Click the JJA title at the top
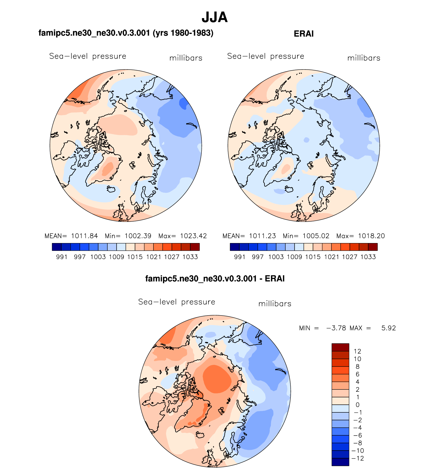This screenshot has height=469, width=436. [214, 17]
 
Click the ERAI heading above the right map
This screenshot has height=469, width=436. [303, 34]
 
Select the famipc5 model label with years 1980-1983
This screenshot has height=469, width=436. [126, 33]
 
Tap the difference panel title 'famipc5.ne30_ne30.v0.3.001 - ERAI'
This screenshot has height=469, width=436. [215, 278]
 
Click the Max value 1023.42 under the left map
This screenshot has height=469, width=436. [193, 236]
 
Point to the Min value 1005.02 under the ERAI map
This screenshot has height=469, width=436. [316, 236]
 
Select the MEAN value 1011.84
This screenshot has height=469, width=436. [84, 236]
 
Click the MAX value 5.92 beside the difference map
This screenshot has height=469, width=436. [388, 328]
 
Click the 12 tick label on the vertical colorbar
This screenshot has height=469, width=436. [357, 351]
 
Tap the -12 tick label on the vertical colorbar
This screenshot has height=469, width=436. [357, 458]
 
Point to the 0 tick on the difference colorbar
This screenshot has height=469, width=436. [357, 405]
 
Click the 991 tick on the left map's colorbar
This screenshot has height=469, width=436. [61, 257]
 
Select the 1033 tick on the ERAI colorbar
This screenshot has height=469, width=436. [368, 257]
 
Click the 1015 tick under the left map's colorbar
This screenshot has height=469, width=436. [135, 257]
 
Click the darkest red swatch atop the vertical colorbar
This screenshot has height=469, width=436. [340, 347]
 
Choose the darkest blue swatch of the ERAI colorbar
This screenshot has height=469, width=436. [234, 247]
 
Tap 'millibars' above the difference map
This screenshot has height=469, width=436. [275, 304]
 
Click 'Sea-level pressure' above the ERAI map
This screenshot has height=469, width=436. [265, 56]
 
